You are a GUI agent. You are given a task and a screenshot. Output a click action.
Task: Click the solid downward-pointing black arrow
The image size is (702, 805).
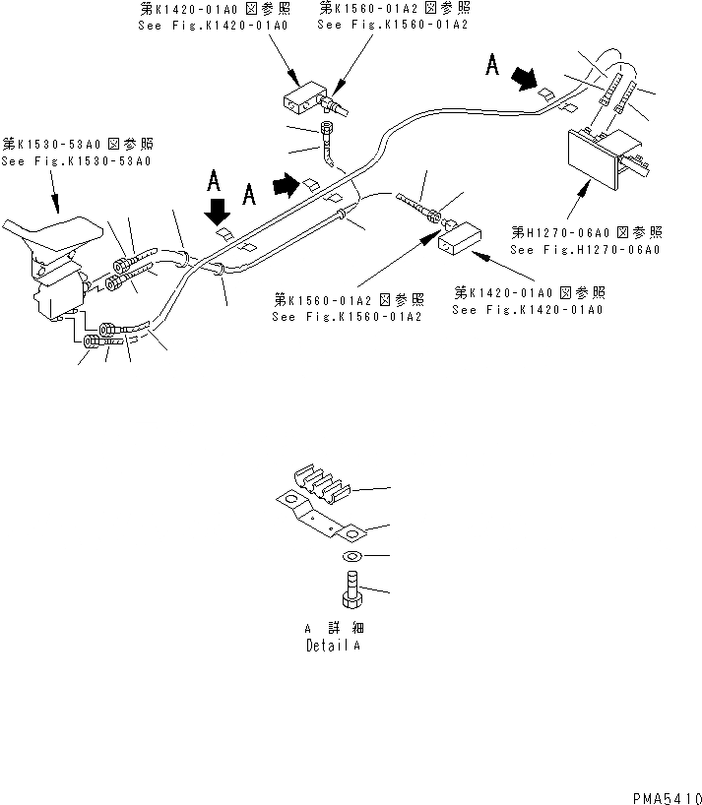(x=218, y=209)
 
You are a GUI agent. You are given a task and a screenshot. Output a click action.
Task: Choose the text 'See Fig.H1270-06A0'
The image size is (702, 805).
(x=585, y=250)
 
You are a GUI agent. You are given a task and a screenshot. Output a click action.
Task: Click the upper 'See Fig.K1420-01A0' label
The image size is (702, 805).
(x=213, y=26)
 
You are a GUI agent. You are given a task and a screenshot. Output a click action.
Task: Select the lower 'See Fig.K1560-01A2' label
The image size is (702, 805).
(x=348, y=316)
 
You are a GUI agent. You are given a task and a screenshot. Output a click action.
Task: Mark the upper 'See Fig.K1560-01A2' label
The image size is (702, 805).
(x=393, y=26)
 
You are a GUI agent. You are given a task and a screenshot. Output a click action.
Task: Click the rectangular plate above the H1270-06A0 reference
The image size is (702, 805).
(x=590, y=157)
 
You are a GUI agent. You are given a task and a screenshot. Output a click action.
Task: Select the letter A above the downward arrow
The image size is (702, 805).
(x=212, y=180)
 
